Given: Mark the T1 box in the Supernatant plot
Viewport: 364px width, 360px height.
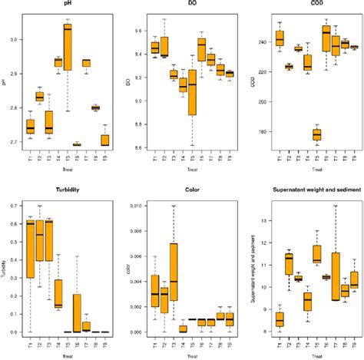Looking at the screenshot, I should pos(280,318).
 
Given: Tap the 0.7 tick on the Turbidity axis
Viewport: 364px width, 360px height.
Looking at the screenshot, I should pos(18,206).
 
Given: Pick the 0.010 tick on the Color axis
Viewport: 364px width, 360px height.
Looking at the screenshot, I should pos(137,206).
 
